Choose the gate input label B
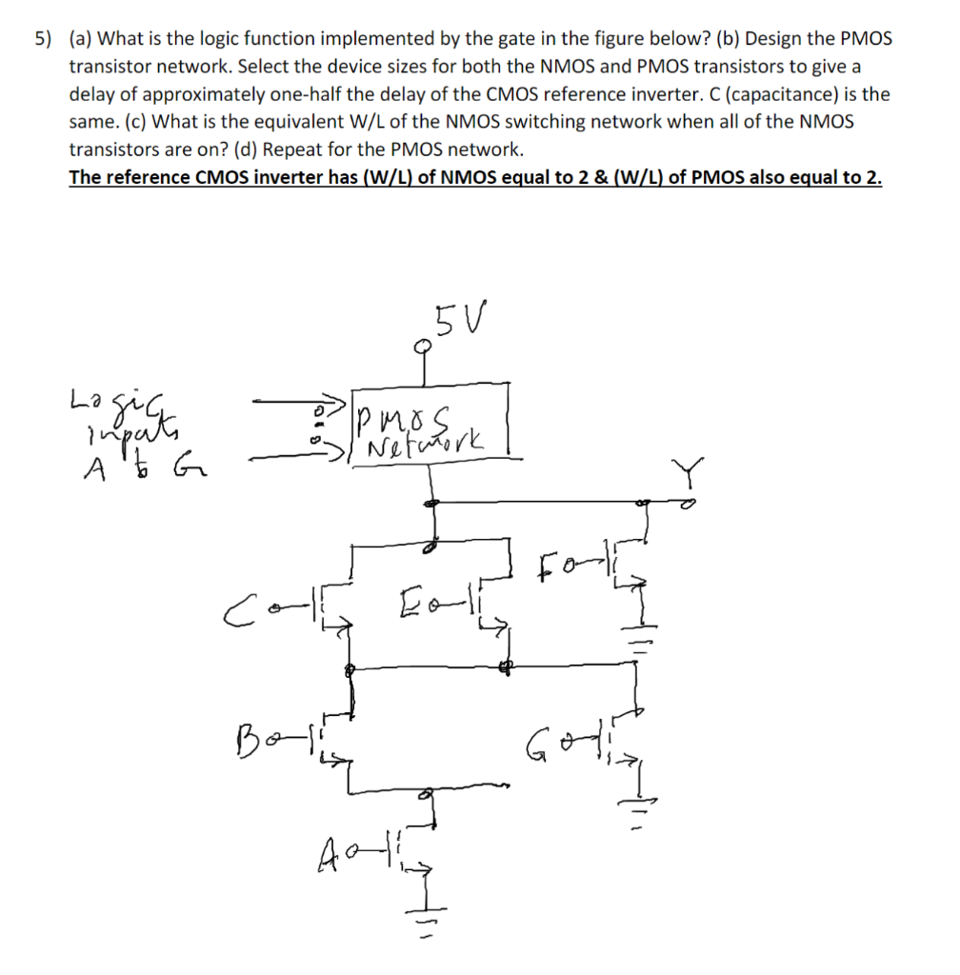click(x=245, y=737)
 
